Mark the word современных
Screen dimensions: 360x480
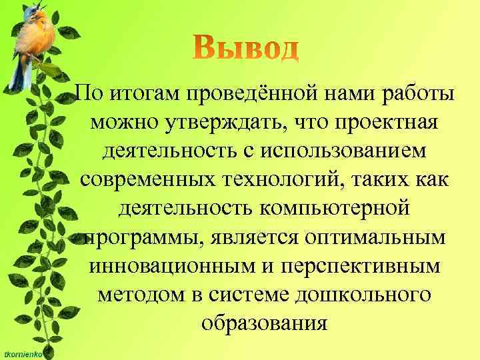[x=147, y=180]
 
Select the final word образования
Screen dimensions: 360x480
[x=265, y=323]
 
